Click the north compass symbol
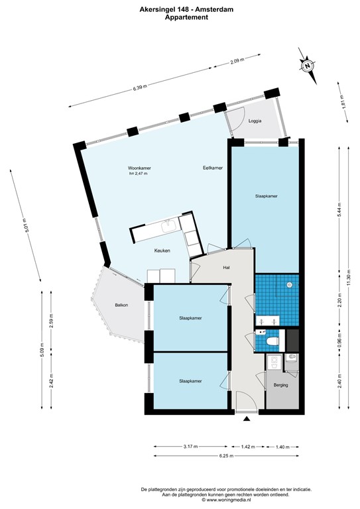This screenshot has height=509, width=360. tap(308, 66)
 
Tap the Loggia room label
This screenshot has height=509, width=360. tap(255, 121)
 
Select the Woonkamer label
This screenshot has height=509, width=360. tap(139, 168)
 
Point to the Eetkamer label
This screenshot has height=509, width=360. tap(212, 168)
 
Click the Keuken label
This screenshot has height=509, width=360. tap(162, 251)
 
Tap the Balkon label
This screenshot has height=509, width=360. tap(121, 305)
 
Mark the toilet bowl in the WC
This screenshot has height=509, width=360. tap(272, 341)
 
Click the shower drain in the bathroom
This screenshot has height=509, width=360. tap(289, 284)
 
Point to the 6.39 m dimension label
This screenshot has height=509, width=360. tap(140, 87)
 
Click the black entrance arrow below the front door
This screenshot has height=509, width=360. tap(247, 420)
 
